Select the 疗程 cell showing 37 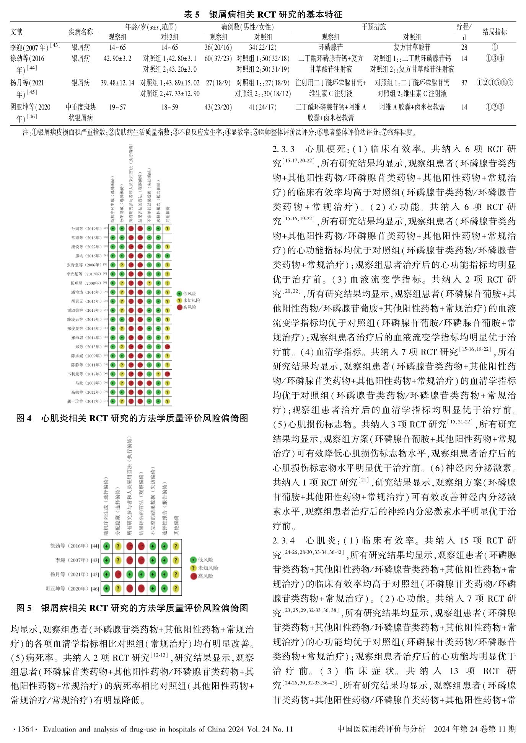(x=464, y=83)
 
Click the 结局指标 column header (x=495, y=32)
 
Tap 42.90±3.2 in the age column (x=117, y=59)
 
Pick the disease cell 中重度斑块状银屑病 (x=81, y=112)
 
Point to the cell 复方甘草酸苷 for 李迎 (x=412, y=47)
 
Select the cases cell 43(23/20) (x=218, y=107)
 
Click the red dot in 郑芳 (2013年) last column (x=167, y=347)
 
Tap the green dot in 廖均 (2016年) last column (x=167, y=256)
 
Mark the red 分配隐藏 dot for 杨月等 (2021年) (x=118, y=574)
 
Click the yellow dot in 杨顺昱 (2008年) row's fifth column (x=149, y=283)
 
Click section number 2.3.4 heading (x=283, y=540)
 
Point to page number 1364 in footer (x=23, y=729)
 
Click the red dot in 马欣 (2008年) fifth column (x=149, y=383)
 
